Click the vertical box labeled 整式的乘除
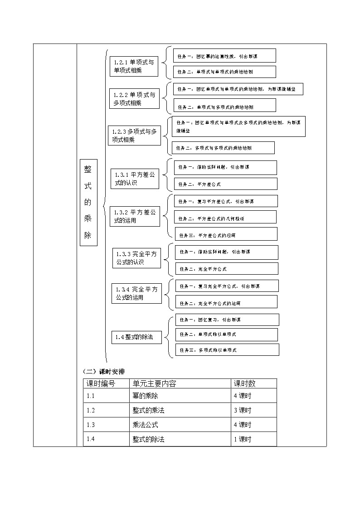(88, 202)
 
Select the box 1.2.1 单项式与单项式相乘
(134, 66)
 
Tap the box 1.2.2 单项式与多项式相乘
(135, 99)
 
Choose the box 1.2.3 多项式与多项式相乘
(134, 136)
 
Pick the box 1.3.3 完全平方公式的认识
(136, 258)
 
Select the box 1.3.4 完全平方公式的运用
(136, 293)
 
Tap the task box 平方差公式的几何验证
(225, 218)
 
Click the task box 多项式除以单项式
(227, 350)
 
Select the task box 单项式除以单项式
(226, 334)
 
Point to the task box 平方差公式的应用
(226, 235)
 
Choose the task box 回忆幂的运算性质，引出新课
(224, 56)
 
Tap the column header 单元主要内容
(154, 383)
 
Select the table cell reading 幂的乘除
(146, 396)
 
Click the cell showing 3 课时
(242, 410)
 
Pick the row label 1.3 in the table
(91, 425)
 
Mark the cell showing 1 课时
(242, 439)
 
